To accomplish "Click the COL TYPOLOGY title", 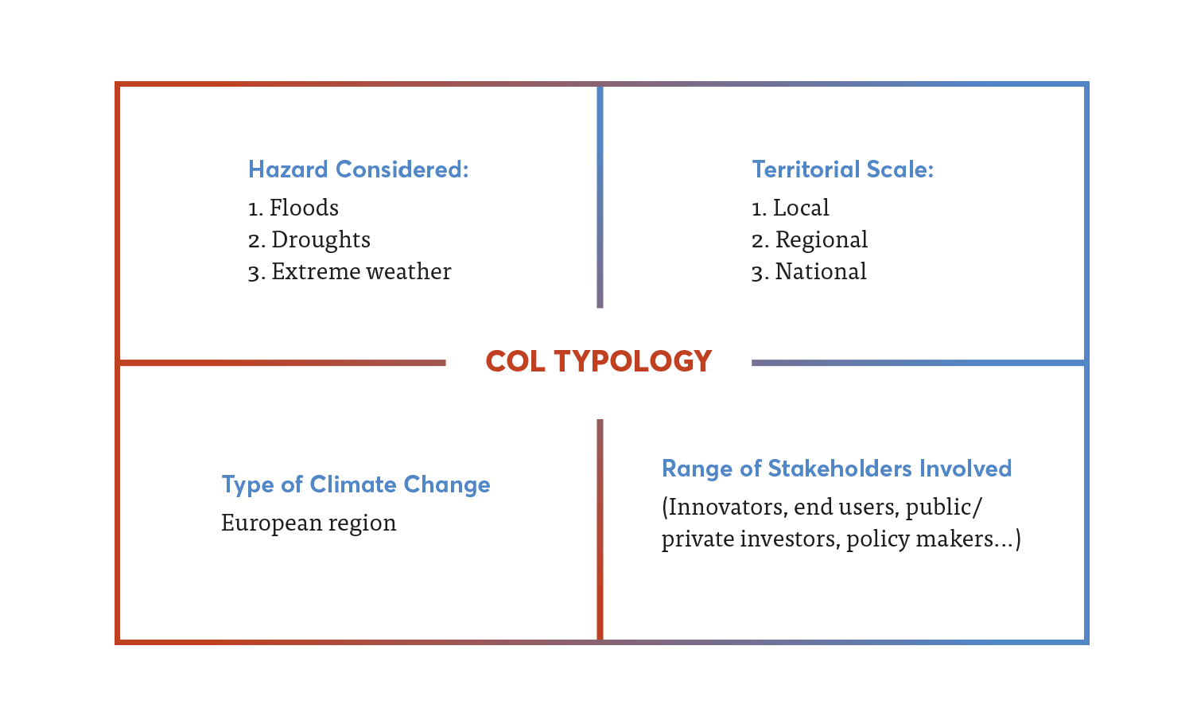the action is click(x=599, y=361).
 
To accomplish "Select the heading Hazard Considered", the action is click(x=359, y=169).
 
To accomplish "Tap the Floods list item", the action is click(x=293, y=208).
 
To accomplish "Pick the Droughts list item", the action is click(x=309, y=240).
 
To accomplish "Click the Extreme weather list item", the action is click(x=349, y=272).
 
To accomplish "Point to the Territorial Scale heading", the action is click(x=842, y=169).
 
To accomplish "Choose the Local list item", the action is click(x=791, y=208).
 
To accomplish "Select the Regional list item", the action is click(x=810, y=240).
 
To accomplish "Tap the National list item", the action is click(x=809, y=272).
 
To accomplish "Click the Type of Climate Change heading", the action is click(x=356, y=484).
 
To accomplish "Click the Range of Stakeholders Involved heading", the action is click(x=837, y=469).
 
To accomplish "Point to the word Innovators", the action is click(x=725, y=508).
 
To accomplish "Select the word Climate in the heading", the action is click(x=353, y=484).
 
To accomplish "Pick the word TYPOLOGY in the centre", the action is click(x=633, y=361).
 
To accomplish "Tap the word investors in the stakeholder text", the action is click(x=790, y=539).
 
